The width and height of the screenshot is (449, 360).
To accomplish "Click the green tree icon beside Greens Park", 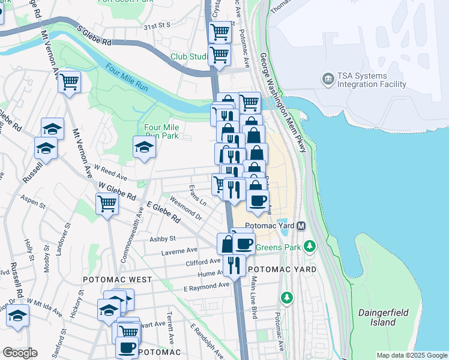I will coord(309,246).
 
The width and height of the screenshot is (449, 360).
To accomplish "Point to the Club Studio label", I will coord(188,56).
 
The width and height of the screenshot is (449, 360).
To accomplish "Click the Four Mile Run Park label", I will coord(161,131).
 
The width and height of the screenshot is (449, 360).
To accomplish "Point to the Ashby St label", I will coord(162,239).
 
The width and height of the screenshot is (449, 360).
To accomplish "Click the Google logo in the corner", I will coord(19,353).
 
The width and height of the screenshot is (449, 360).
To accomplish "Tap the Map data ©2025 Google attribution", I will coord(411,355).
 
